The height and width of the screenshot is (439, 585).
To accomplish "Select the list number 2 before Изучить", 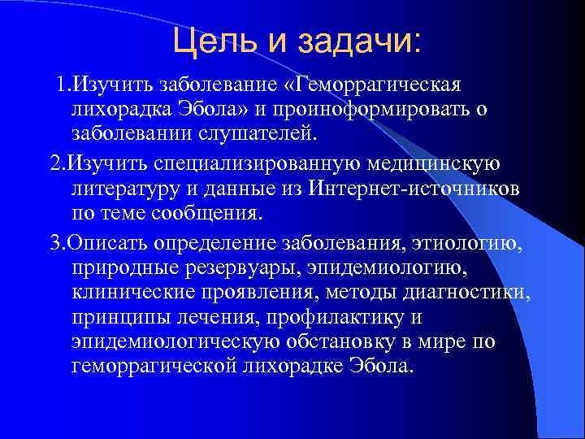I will point(55,165).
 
